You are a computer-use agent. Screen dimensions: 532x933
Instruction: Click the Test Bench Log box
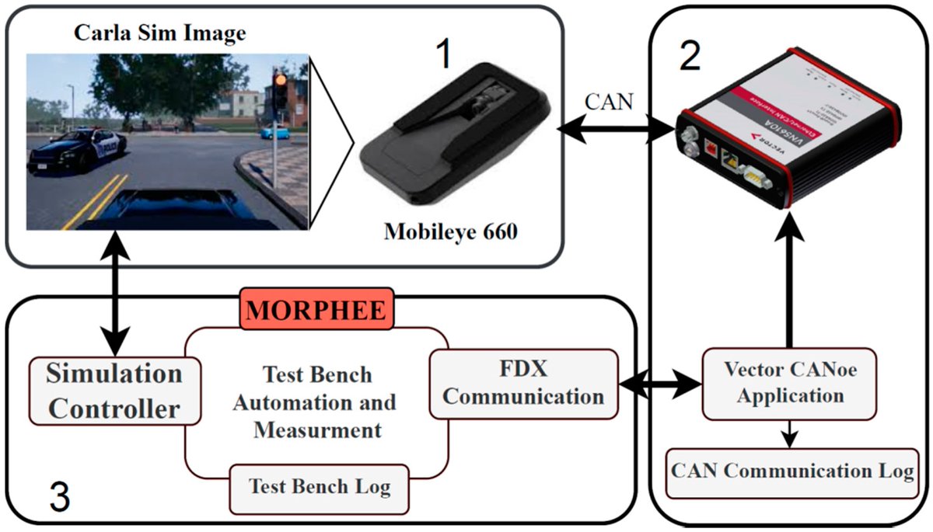click(319, 488)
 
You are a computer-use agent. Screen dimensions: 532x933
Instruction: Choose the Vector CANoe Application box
click(790, 383)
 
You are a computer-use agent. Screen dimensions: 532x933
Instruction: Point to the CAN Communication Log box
click(792, 472)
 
